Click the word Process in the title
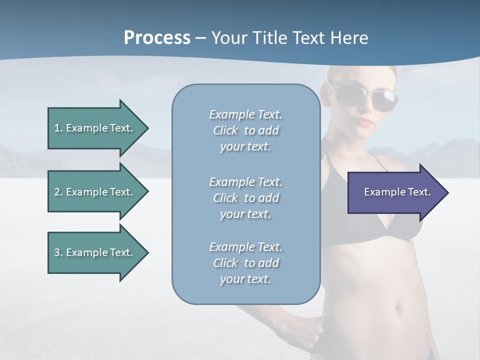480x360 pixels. click(x=157, y=38)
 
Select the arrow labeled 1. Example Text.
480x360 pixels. click(x=95, y=128)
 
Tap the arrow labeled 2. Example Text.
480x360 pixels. click(x=95, y=192)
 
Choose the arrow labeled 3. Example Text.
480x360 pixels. click(x=95, y=252)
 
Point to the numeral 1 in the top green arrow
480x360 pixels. click(x=57, y=128)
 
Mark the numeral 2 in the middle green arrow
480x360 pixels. click(x=57, y=192)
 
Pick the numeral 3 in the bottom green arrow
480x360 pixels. click(x=57, y=252)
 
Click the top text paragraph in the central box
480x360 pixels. click(x=245, y=130)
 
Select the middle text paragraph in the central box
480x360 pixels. click(x=245, y=197)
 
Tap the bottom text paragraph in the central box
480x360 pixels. click(x=245, y=263)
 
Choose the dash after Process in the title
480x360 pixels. click(x=200, y=38)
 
